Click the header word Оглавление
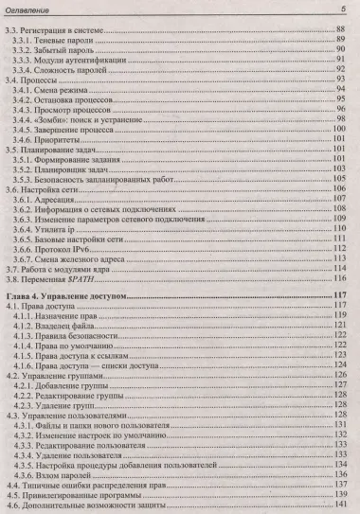(x=35, y=9)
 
